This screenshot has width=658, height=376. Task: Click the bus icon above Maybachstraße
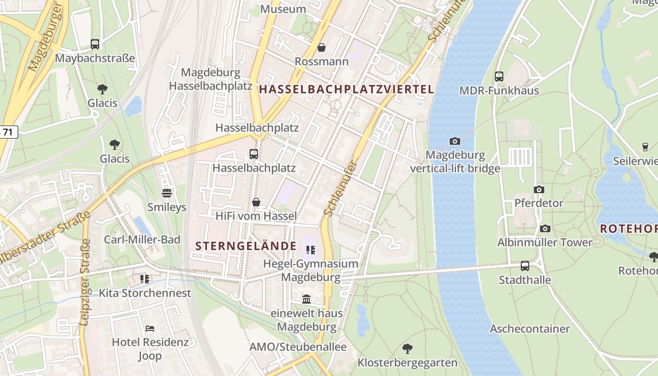95,44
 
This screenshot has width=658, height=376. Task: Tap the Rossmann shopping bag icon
321,47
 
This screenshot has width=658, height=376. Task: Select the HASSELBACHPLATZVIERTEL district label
346,89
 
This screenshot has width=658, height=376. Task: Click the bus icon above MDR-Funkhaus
499,76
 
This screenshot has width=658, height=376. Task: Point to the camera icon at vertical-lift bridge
454,141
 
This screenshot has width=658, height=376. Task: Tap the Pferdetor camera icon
539,189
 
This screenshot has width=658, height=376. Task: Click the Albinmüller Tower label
545,243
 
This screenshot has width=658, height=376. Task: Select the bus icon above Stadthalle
525,266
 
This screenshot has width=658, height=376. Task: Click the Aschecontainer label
530,329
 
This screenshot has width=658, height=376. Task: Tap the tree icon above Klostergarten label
407,349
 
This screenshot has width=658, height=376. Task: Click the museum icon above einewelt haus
306,299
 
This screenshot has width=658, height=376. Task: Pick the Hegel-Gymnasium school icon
310,250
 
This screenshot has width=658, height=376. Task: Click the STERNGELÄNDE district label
246,246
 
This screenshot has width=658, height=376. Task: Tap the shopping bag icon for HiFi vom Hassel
256,202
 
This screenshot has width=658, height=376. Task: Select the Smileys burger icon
166,193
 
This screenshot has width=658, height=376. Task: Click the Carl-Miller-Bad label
142,239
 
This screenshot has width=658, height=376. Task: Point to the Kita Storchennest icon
145,279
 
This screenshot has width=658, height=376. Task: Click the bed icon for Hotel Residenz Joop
150,328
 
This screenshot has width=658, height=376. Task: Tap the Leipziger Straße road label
85,282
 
